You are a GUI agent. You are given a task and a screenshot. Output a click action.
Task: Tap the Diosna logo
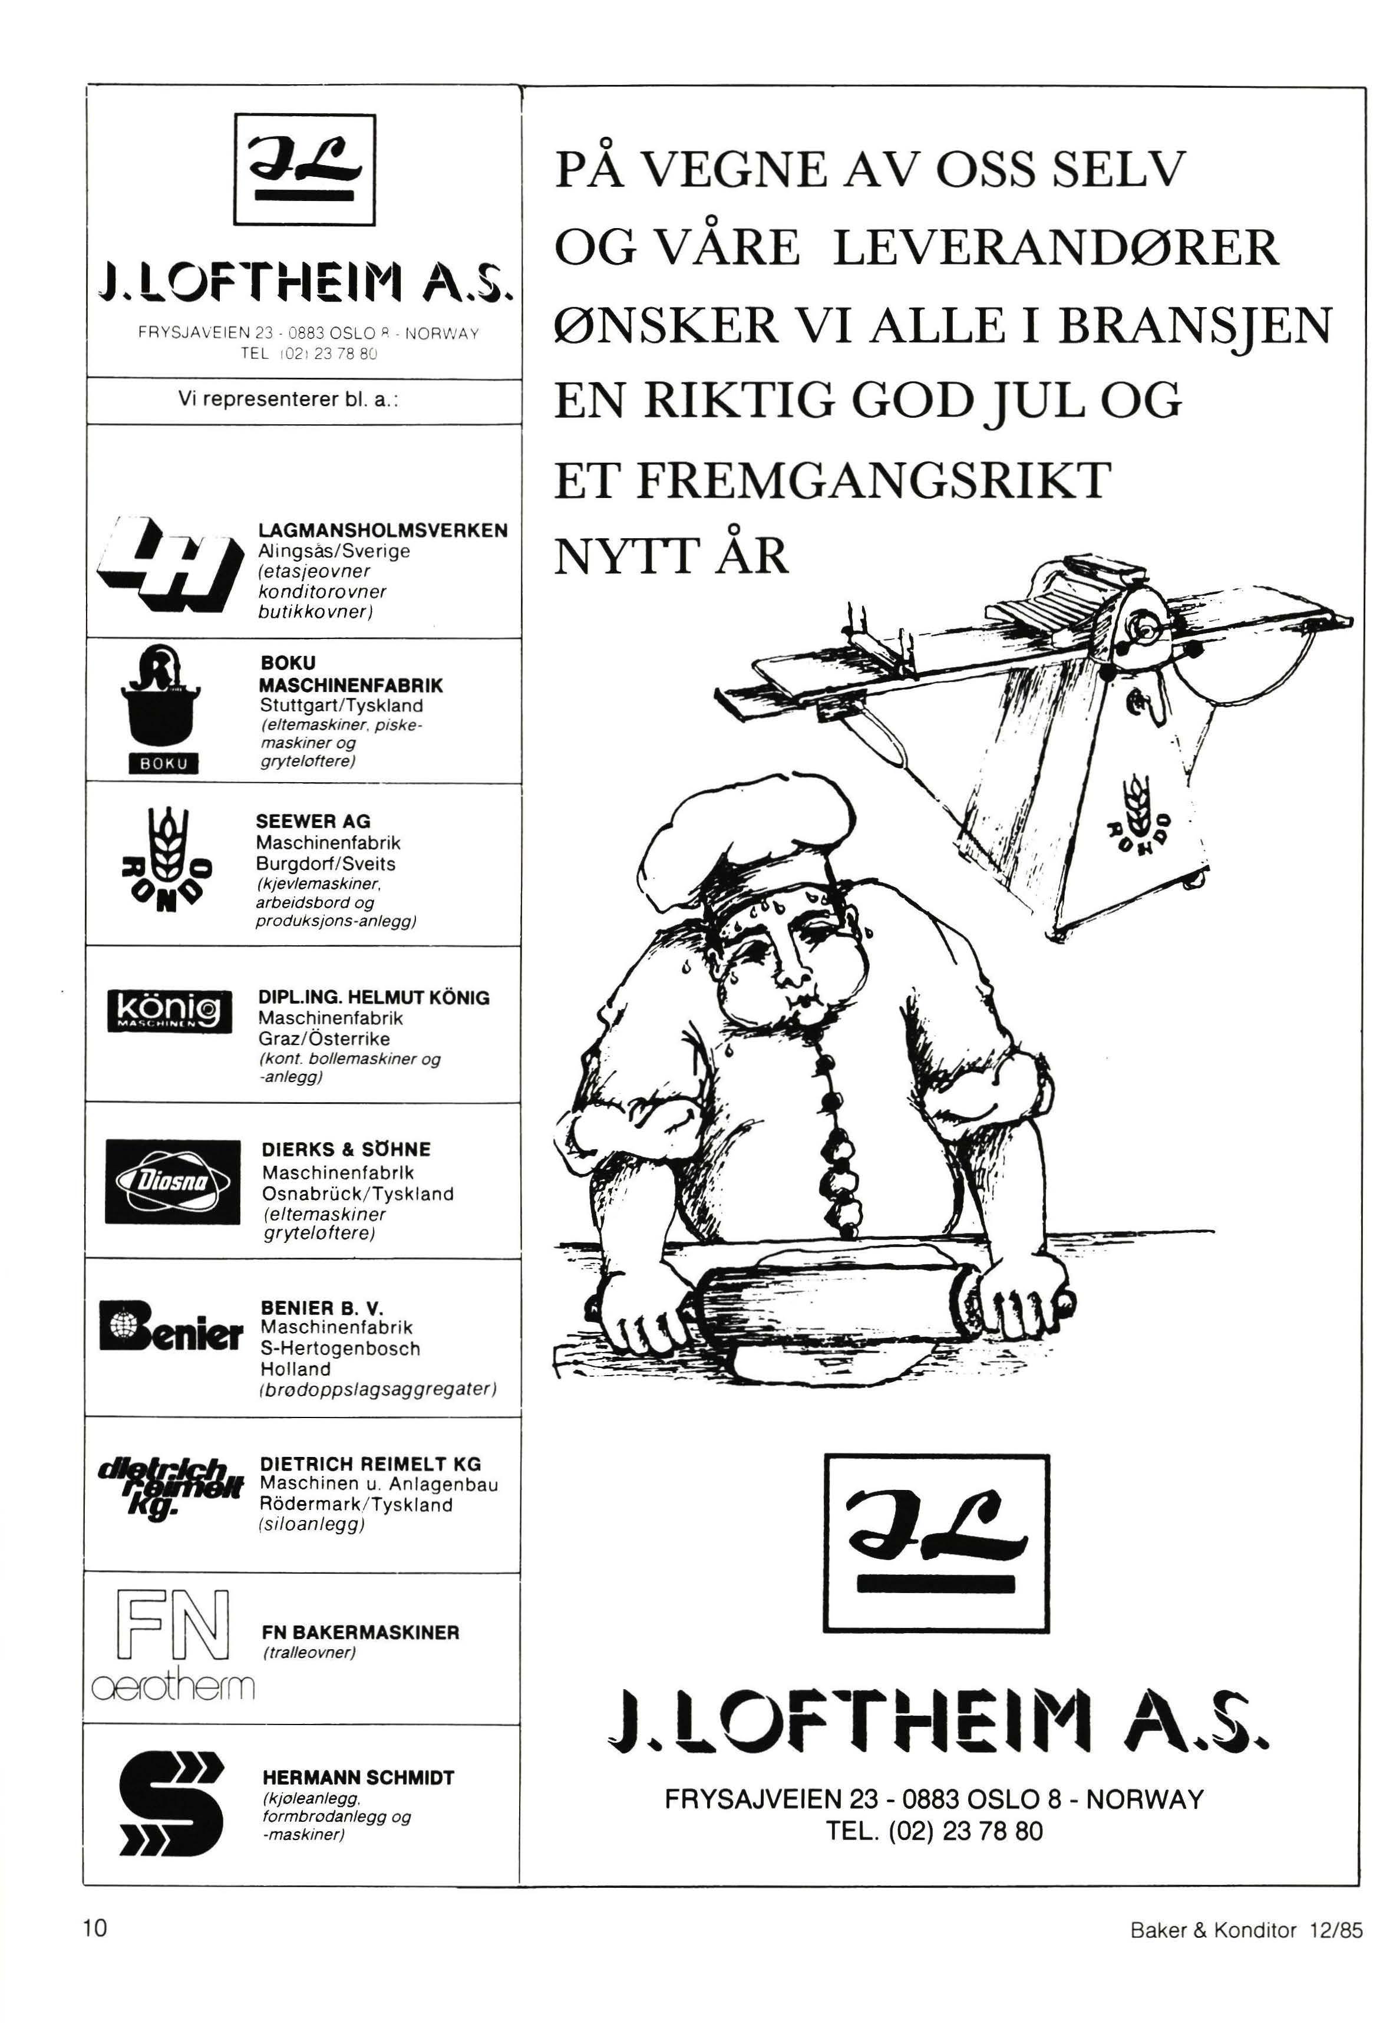(x=172, y=1182)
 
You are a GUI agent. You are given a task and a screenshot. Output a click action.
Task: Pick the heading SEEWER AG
(x=313, y=822)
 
